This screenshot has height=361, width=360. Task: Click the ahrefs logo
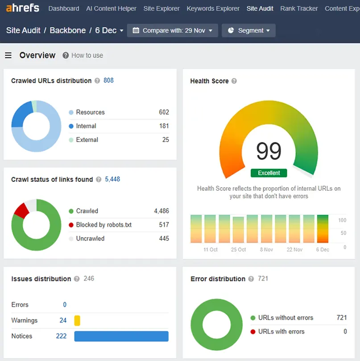(23, 8)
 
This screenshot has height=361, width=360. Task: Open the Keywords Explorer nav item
(213, 8)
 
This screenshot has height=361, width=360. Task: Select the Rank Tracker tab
(299, 8)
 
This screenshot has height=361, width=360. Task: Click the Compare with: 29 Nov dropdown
(172, 30)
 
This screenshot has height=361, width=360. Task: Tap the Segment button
(248, 30)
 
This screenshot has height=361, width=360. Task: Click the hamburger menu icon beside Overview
(8, 55)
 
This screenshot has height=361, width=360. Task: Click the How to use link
(87, 55)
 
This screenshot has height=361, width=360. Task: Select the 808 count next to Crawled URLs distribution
(108, 80)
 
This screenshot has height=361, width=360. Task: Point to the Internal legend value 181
(164, 126)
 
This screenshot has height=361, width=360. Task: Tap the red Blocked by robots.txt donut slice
(21, 211)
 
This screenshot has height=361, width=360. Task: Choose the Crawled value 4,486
(161, 211)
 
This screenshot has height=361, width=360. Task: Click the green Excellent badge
(269, 173)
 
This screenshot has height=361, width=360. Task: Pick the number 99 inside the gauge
(269, 151)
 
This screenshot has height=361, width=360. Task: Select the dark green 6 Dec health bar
(323, 229)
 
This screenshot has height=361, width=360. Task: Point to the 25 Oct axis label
(238, 250)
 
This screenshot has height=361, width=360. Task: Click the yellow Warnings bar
(77, 320)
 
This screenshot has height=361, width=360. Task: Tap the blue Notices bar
(121, 336)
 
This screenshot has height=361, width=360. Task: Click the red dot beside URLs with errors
(253, 332)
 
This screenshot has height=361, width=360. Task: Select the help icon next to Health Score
(234, 81)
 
